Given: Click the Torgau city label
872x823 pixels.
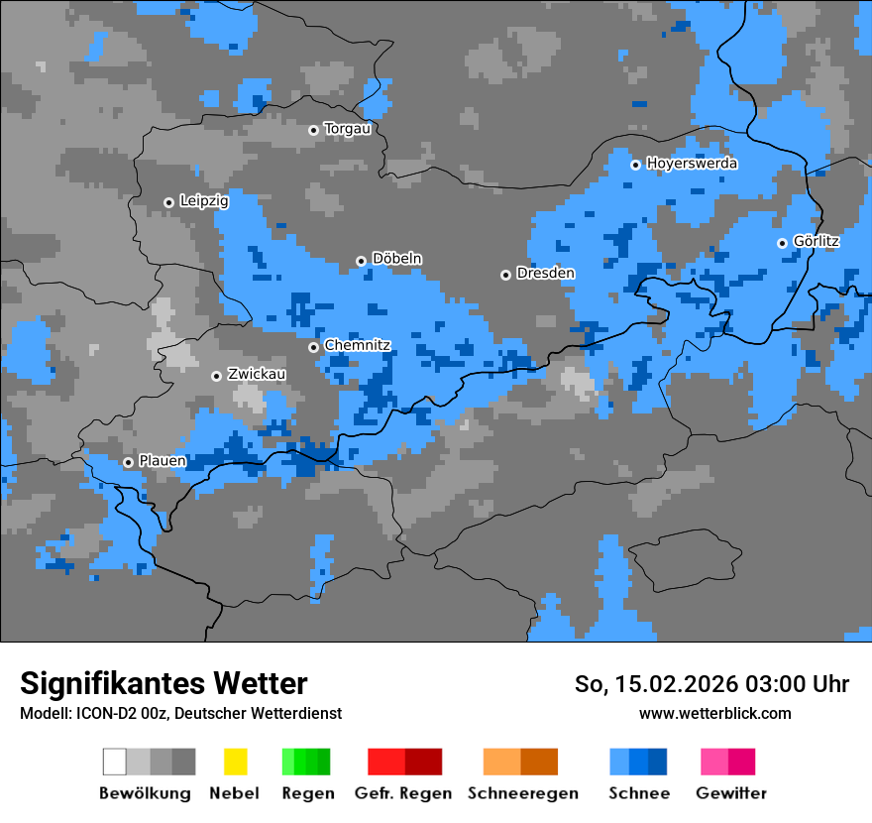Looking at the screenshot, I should click(x=347, y=129).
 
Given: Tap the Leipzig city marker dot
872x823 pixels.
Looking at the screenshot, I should click(x=168, y=202).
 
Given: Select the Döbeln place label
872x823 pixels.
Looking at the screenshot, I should click(x=396, y=259).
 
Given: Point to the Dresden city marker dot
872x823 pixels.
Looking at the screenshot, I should click(x=505, y=275).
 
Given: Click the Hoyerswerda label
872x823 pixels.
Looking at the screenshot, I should click(x=692, y=164).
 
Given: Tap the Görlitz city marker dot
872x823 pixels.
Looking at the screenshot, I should click(x=782, y=243).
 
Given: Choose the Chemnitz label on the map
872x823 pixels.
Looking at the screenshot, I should click(x=357, y=346).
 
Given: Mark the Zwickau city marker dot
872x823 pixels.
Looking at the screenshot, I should click(x=216, y=376).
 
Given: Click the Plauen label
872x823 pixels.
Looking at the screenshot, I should click(x=163, y=461).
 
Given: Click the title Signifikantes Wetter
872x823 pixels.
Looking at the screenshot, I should click(x=163, y=684).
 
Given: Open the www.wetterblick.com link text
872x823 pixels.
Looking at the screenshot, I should click(x=714, y=714).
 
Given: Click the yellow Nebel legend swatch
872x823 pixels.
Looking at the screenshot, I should click(x=235, y=762).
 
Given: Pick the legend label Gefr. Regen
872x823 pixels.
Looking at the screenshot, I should click(x=403, y=793).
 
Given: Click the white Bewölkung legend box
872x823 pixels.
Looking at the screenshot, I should click(x=115, y=762).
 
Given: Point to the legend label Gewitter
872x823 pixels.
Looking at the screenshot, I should click(x=730, y=793).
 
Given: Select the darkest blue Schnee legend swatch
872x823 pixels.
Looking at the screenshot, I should click(x=658, y=762).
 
